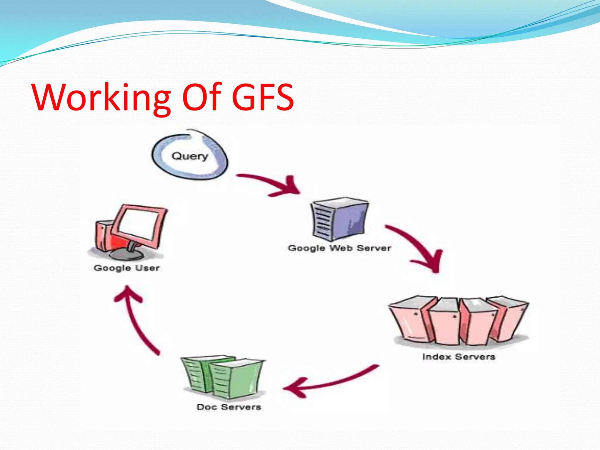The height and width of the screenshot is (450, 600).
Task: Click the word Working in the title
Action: (101, 97)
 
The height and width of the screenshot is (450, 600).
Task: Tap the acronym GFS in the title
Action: (262, 97)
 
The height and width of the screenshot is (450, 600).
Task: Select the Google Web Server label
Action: (340, 248)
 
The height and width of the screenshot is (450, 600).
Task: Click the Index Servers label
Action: (458, 357)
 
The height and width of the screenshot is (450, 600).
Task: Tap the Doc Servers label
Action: (229, 407)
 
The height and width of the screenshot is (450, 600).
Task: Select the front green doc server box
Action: (236, 379)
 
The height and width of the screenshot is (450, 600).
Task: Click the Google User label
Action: (127, 268)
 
